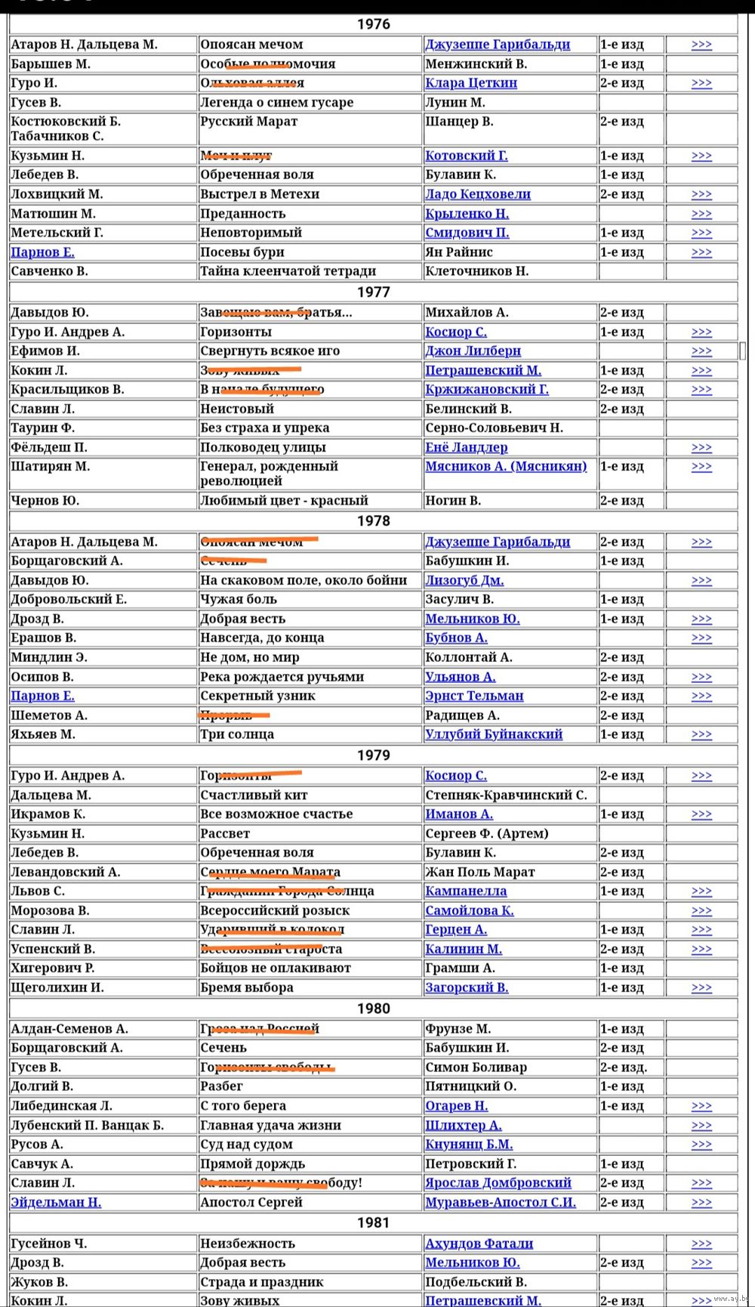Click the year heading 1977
(x=373, y=292)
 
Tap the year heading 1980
(x=373, y=1009)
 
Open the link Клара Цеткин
(x=470, y=83)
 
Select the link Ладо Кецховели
(x=477, y=194)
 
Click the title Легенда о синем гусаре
(x=276, y=103)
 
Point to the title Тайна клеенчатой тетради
(x=288, y=271)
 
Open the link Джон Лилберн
(x=473, y=351)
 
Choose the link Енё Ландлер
(x=466, y=447)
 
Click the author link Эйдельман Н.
(x=56, y=1202)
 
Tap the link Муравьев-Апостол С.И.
(x=500, y=1202)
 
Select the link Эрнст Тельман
(x=474, y=696)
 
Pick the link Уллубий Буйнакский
(x=493, y=734)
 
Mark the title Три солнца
(x=237, y=734)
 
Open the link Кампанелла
(x=466, y=891)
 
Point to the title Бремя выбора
(x=247, y=987)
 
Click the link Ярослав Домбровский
(x=498, y=1183)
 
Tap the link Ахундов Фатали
(x=479, y=1244)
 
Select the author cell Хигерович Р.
(x=53, y=969)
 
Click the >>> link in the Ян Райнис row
(x=701, y=252)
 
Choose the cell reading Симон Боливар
(x=476, y=1068)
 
